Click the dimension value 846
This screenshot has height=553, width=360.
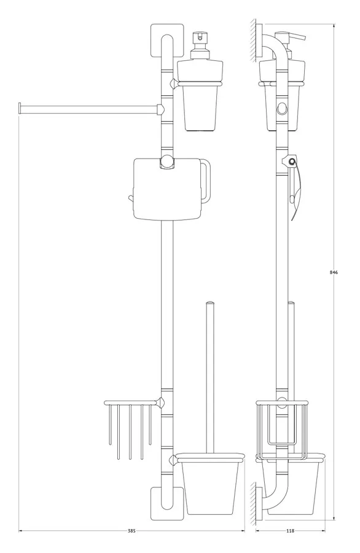coord(334,272)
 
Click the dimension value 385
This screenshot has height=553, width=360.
coord(131,531)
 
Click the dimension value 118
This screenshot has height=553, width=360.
coord(290,531)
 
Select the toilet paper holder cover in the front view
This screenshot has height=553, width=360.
coord(168,189)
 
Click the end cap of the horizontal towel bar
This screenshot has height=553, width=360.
coord(20,108)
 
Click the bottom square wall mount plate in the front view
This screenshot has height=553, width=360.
coord(167,504)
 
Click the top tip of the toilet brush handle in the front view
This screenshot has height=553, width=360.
coord(210,302)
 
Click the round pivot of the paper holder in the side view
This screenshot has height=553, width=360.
coord(292,162)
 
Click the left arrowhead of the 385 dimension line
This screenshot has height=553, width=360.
coord(20,531)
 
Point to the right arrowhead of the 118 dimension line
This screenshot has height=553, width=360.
coord(323,531)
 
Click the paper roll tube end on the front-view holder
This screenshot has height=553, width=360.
coord(131,198)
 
